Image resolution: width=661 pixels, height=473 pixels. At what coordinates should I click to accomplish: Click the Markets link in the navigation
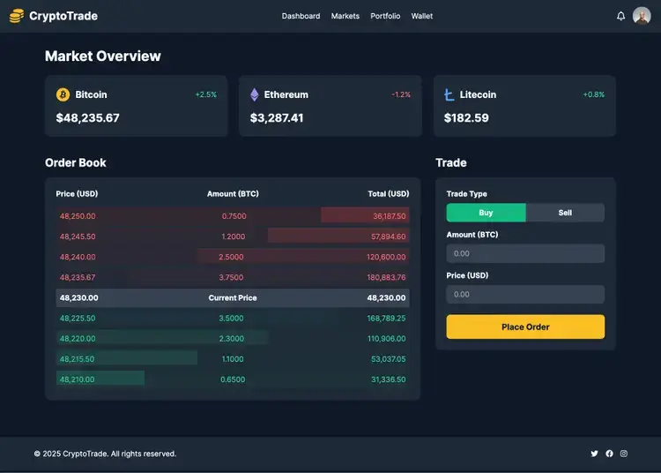(345, 16)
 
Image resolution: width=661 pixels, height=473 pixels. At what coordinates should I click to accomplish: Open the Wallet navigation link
(421, 16)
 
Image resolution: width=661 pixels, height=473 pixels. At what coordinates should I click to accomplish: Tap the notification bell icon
(620, 16)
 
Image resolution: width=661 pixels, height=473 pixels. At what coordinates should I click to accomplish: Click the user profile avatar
(642, 16)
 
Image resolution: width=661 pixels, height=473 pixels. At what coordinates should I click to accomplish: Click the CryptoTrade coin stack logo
(17, 16)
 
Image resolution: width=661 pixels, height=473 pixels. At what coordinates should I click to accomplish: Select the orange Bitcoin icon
(63, 94)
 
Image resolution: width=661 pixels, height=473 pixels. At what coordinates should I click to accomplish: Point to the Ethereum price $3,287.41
(277, 117)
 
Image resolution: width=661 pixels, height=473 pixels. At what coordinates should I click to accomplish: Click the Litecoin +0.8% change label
(593, 94)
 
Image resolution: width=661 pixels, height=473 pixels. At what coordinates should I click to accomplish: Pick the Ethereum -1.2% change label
(401, 94)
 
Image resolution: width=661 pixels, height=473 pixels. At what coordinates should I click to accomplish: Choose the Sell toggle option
(565, 213)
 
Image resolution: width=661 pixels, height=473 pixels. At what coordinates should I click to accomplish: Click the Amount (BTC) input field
(525, 253)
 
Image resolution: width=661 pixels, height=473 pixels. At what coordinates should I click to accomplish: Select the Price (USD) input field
(525, 294)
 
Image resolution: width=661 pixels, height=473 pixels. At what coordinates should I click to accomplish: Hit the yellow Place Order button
(525, 327)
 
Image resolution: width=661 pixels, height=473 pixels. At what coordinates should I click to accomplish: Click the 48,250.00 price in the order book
(78, 215)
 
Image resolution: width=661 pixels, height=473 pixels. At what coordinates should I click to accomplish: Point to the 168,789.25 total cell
(387, 318)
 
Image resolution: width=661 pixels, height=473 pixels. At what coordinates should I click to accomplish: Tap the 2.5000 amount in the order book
(233, 257)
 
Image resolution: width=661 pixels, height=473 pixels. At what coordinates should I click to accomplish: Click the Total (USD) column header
(388, 193)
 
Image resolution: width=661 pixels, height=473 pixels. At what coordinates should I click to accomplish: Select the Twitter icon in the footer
(594, 454)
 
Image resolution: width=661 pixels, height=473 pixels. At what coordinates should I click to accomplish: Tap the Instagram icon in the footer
(624, 454)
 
